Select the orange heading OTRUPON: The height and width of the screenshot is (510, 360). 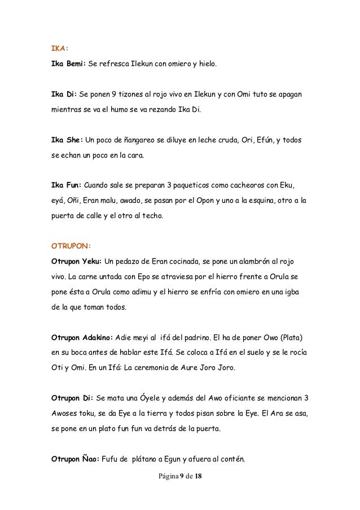68,246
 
